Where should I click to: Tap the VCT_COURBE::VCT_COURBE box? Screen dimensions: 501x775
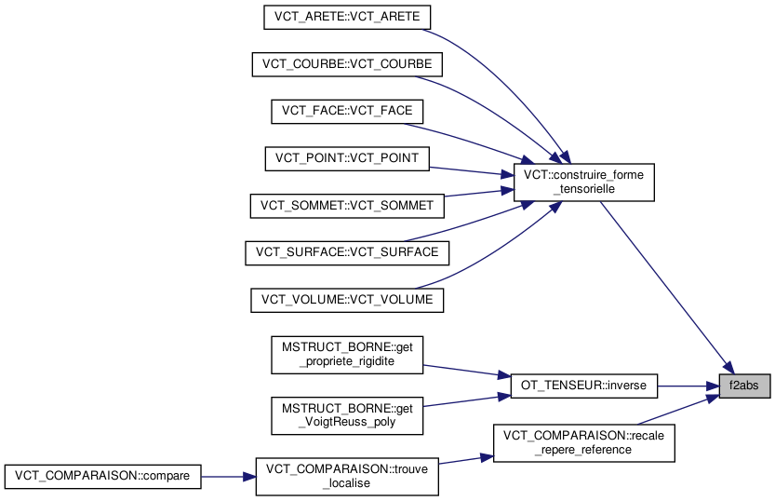point(347,64)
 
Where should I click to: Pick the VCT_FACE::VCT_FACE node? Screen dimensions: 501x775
point(347,112)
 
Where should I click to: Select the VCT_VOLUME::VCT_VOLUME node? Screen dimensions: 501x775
point(347,300)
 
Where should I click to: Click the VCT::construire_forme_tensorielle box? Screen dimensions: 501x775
point(585,182)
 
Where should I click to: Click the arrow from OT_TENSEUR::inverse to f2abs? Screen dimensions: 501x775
point(688,385)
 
